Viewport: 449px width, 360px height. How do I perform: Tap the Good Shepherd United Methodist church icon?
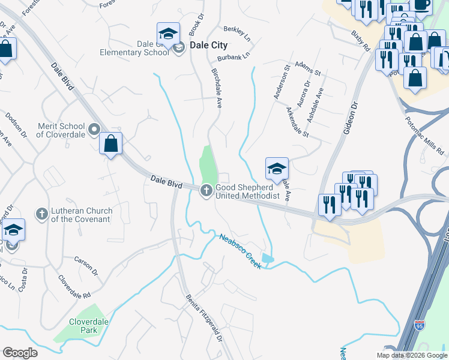(205, 191)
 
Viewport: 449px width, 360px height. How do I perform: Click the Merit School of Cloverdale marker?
(94, 129)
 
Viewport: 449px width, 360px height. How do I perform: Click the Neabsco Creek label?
(240, 251)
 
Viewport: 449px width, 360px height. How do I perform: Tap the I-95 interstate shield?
(419, 326)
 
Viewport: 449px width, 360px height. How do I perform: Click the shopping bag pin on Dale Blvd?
(110, 144)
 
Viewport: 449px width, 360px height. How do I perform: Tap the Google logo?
(20, 353)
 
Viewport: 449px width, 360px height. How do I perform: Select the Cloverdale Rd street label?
(74, 287)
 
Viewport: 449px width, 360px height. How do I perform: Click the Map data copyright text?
(411, 355)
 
